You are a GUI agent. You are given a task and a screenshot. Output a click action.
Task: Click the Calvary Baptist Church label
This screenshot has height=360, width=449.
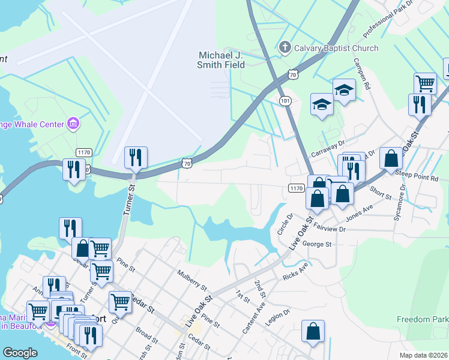[336, 48]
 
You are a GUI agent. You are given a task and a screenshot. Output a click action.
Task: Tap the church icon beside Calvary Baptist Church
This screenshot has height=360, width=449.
[285, 47]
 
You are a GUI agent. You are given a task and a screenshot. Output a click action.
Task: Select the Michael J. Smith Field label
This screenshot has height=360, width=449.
[222, 60]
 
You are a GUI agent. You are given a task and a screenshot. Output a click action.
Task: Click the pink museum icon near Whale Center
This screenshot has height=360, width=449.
[74, 125]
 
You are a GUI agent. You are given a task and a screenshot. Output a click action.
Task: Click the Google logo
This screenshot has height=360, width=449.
[20, 353]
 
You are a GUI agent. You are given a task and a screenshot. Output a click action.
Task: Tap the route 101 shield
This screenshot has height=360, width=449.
[285, 101]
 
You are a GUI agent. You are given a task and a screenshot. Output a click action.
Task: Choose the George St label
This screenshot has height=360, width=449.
[317, 244]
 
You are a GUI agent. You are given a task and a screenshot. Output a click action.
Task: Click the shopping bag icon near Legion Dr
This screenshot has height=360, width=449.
[313, 332]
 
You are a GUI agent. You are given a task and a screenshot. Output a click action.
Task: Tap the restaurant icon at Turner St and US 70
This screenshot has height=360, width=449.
[136, 158]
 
